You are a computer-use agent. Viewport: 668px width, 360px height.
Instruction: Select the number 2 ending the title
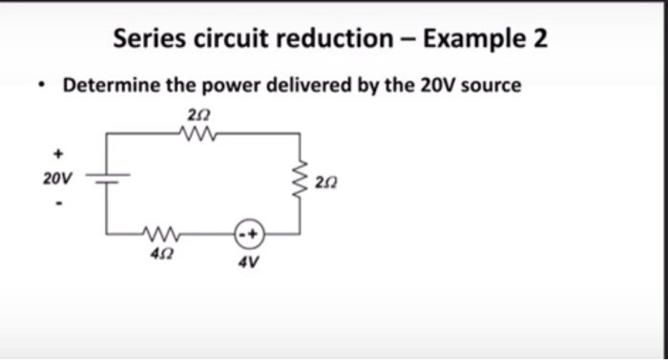pos(540,39)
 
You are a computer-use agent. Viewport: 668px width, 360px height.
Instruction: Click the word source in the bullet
pos(491,86)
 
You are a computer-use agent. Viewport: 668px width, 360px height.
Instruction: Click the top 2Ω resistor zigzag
pos(200,134)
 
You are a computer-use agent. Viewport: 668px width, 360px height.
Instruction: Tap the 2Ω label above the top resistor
pos(199,115)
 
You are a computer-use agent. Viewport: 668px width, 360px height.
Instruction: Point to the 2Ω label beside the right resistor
pos(327,180)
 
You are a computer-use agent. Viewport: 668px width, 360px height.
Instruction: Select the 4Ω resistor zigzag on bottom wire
pos(158,232)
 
